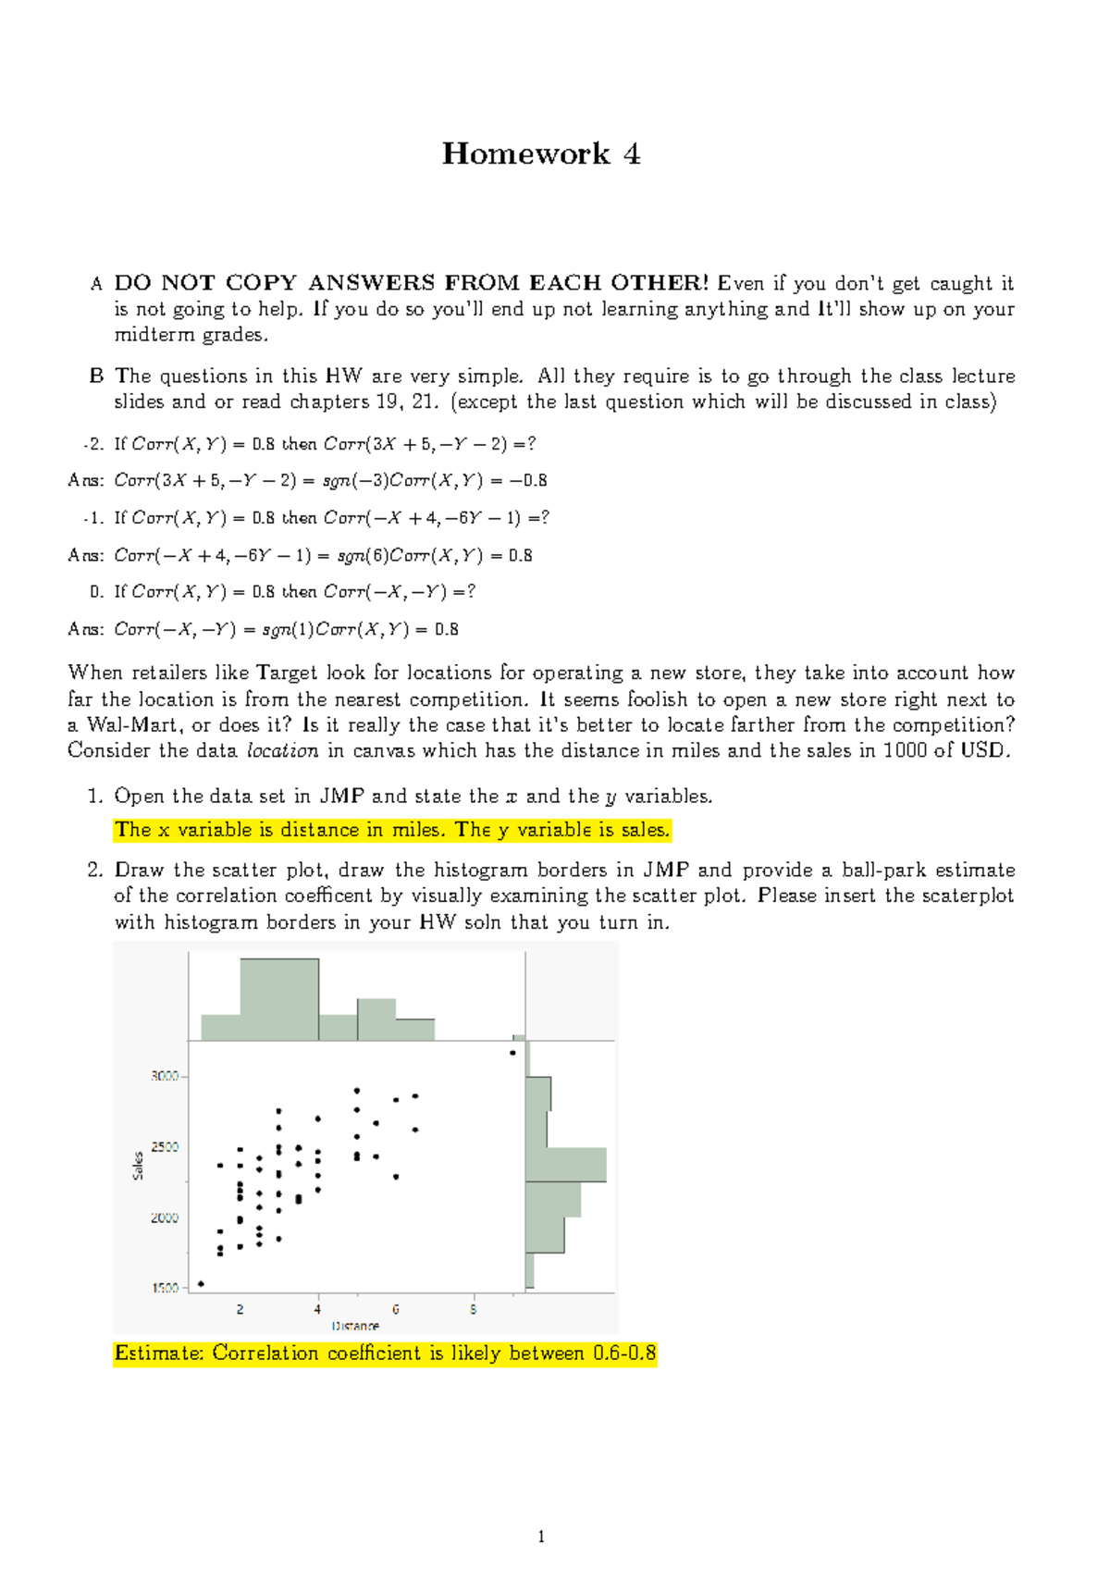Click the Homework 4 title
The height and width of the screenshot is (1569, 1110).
pyautogui.click(x=540, y=154)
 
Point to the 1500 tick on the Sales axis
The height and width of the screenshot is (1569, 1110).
pyautogui.click(x=184, y=1288)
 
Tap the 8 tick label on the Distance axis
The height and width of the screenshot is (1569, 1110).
pyautogui.click(x=474, y=1309)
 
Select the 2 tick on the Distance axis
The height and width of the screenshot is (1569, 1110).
pyautogui.click(x=240, y=1296)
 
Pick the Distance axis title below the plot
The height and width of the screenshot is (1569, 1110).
pyautogui.click(x=355, y=1326)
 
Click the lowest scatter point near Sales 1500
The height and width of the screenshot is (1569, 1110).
pyautogui.click(x=201, y=1284)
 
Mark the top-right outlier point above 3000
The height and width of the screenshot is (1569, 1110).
pyautogui.click(x=512, y=1053)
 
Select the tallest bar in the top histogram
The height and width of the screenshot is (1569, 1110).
pyautogui.click(x=279, y=999)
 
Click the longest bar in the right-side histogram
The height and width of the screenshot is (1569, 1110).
pyautogui.click(x=566, y=1165)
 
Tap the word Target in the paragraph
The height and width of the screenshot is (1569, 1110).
pyautogui.click(x=287, y=673)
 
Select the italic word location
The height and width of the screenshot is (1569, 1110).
pyautogui.click(x=283, y=751)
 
